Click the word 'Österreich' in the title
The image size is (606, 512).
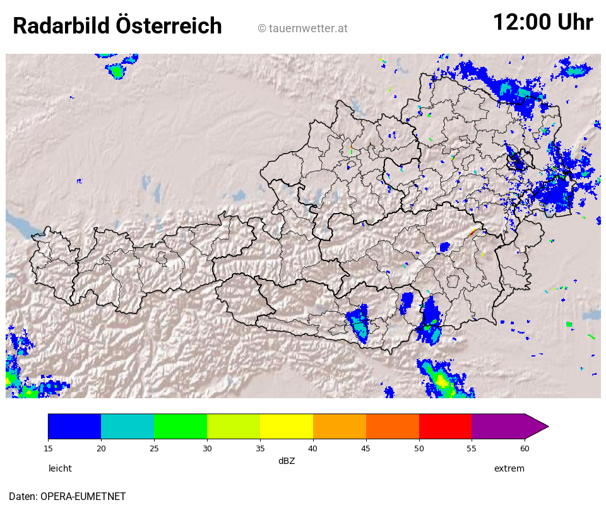tap(169, 27)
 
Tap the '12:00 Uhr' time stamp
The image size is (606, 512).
tap(542, 23)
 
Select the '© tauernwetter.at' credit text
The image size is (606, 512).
tap(302, 28)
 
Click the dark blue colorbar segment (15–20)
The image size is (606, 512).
tap(74, 426)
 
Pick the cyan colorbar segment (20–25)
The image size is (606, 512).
tap(128, 426)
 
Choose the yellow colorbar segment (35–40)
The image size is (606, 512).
tap(287, 426)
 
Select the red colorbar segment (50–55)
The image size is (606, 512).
tap(446, 426)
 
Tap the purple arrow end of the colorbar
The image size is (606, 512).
tap(535, 426)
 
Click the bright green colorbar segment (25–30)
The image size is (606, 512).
tap(181, 426)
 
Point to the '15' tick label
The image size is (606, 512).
tap(48, 448)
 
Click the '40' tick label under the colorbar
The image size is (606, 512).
tap(313, 448)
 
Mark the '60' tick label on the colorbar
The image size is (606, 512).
tap(525, 448)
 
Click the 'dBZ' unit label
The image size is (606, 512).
tap(287, 461)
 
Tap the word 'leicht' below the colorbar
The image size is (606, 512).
tap(60, 468)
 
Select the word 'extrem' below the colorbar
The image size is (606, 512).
tap(509, 468)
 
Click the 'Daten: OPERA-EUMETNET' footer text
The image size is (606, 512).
tap(67, 496)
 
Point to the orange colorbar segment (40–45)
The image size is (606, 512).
tap(340, 426)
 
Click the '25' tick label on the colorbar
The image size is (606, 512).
tap(154, 448)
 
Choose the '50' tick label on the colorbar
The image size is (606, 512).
tap(419, 448)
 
